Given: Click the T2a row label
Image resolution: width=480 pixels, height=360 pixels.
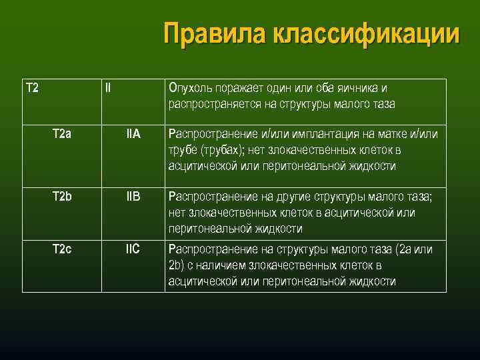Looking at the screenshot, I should point(62,133).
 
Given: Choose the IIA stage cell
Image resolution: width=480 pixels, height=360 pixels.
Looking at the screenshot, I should point(133,133).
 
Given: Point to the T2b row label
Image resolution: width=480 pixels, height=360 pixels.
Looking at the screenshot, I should point(62,197).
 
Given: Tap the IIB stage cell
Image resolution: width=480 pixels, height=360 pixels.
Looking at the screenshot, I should point(133,197).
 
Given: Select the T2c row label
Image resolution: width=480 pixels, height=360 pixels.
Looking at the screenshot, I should point(62,249).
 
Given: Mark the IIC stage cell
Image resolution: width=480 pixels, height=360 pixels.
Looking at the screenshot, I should point(133,249).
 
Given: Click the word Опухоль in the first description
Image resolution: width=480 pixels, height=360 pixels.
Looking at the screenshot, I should point(190,88).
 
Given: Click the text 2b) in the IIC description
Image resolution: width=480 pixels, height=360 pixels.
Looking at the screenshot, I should point(176,265).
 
